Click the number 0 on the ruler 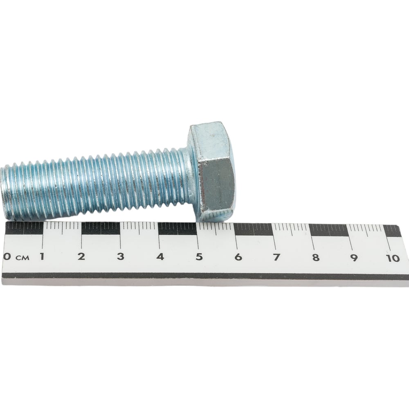coord(7,256)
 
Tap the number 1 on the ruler coord(42,256)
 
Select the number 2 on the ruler coord(81,256)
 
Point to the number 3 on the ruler coord(121,256)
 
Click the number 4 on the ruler coord(160,257)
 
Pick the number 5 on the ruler coord(199,257)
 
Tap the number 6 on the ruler coord(238,257)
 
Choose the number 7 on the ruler coord(276,257)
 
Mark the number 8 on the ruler coord(316,258)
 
